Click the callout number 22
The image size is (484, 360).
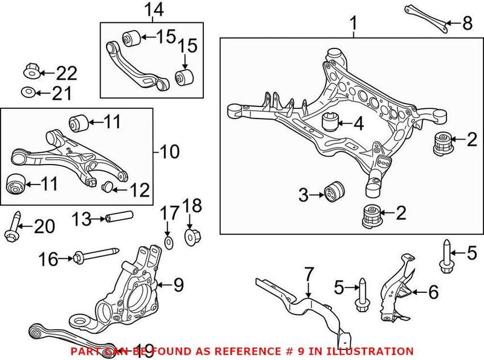[67, 74]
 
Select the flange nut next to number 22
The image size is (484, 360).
[31, 71]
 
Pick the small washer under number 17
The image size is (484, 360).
[169, 242]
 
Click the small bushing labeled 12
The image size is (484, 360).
[108, 185]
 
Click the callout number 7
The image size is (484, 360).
[309, 275]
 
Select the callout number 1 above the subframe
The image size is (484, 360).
[353, 25]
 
